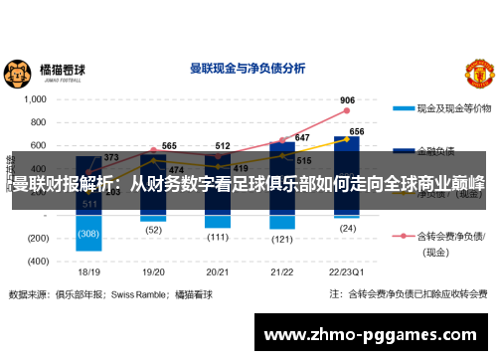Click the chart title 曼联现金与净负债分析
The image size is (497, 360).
(248, 70)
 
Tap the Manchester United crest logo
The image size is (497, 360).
(476, 73)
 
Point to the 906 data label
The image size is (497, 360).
(347, 100)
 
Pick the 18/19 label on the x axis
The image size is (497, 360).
(89, 270)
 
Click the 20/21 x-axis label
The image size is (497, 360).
(218, 270)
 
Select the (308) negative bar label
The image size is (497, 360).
(89, 235)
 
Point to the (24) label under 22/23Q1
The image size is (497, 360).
(347, 228)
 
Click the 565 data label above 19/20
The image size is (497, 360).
(170, 146)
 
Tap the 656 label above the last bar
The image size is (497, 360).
(356, 131)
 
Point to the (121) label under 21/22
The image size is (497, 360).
(281, 240)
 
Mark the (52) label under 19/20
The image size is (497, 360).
(153, 229)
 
